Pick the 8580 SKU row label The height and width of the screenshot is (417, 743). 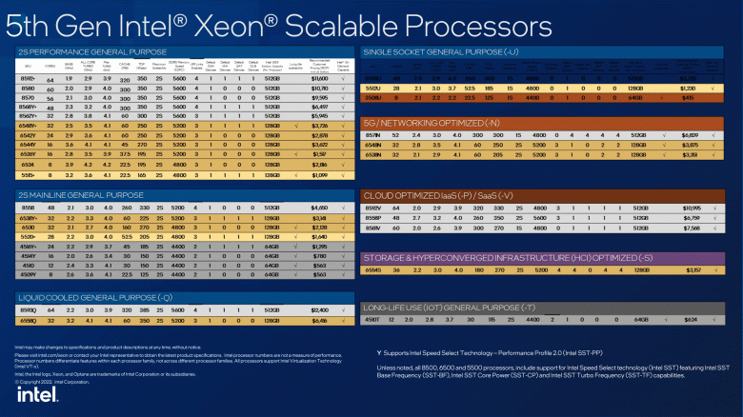(x=29, y=87)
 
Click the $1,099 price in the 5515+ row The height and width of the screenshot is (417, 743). (x=319, y=176)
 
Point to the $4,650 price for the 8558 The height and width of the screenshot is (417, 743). (x=319, y=207)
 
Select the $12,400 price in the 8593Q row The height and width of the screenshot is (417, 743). (x=319, y=310)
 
